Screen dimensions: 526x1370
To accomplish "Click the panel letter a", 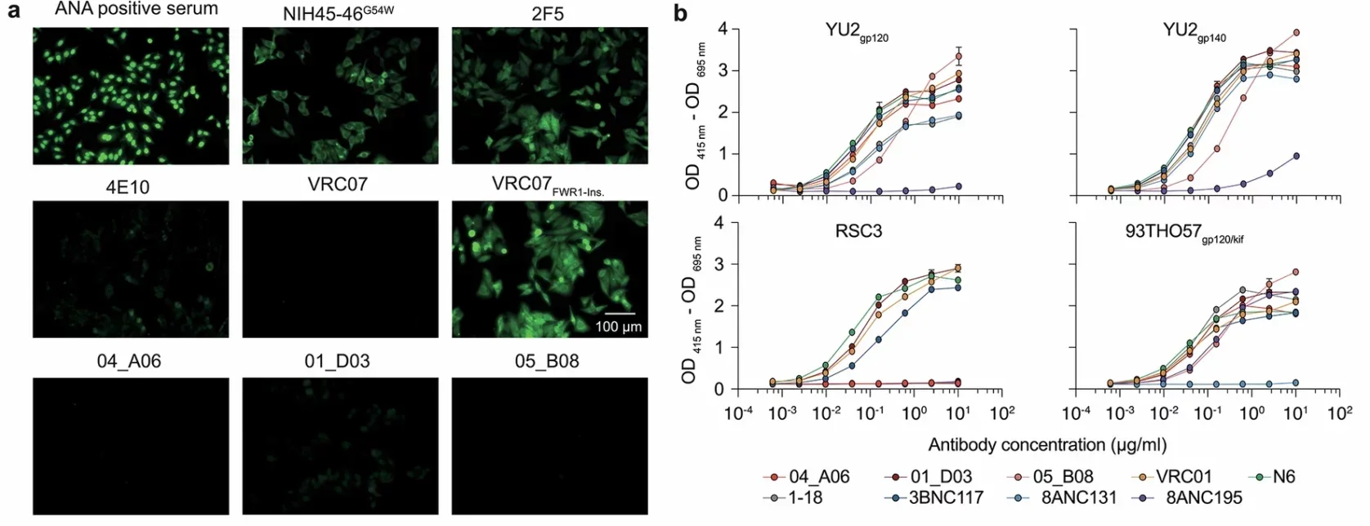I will pos(13,14).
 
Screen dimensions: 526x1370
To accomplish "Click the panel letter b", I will pos(680,14).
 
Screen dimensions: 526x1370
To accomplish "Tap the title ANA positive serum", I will pos(137,10).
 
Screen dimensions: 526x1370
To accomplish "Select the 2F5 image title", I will pos(547,14).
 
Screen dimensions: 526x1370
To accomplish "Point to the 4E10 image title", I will pos(128,187).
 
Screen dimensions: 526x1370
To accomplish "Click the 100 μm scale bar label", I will pos(618,327).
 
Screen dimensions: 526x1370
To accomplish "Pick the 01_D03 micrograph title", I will pos(337,361).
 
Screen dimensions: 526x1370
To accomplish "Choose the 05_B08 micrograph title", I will pos(547,361).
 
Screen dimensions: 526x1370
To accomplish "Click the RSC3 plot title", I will pos(859,231).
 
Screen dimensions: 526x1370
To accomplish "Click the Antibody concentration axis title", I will pos(1047,445).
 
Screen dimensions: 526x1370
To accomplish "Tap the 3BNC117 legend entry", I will pos(946,497).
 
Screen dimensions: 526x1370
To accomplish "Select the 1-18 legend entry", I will pos(805,497).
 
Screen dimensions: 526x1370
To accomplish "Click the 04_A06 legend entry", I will pos(818,476).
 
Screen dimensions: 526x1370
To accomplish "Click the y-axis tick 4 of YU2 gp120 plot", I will pos(723,29).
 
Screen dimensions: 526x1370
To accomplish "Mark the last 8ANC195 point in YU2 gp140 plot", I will pos(1296,156).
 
